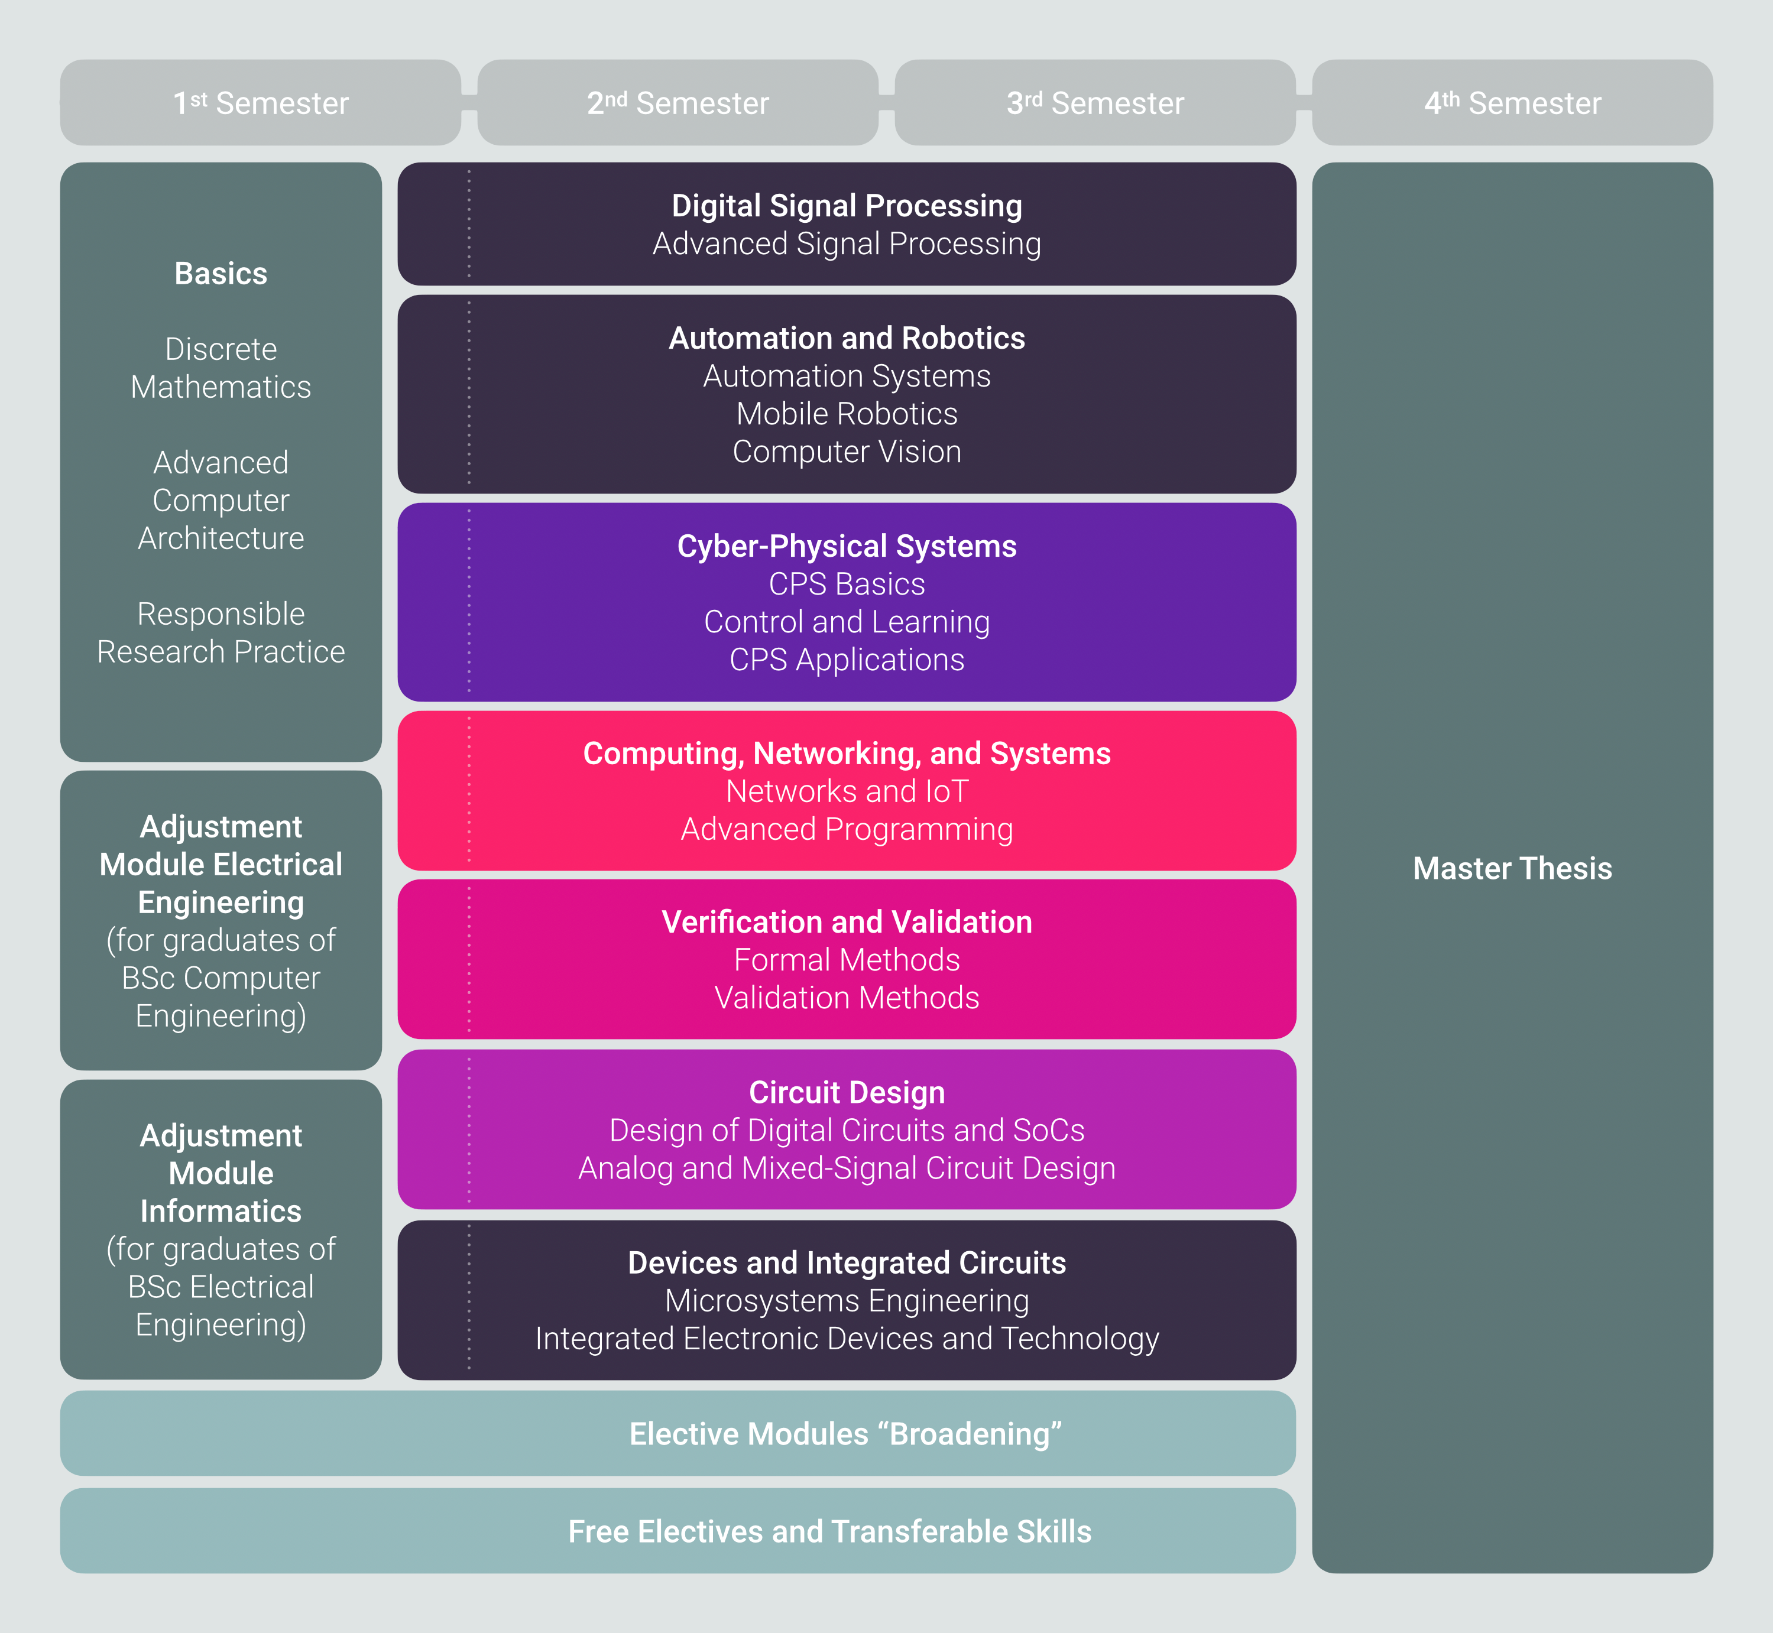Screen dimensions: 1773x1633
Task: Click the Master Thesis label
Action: (1512, 869)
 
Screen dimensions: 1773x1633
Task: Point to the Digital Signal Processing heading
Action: (847, 206)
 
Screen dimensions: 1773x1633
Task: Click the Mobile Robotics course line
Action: (847, 414)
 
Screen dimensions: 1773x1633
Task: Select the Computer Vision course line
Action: (847, 452)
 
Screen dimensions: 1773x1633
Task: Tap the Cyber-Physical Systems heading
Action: (847, 546)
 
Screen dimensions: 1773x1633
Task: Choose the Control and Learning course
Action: (847, 622)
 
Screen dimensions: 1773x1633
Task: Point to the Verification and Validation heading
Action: (847, 921)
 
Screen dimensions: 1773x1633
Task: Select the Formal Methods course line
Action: (847, 960)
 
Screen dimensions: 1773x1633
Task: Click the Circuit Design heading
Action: (847, 1092)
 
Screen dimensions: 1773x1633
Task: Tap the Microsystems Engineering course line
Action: (847, 1301)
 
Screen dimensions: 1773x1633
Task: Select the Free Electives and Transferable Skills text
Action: (829, 1531)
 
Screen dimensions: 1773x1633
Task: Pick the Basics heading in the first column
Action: (221, 274)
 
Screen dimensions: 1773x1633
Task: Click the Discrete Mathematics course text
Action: (221, 368)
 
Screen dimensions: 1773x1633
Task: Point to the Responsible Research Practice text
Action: (221, 633)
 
